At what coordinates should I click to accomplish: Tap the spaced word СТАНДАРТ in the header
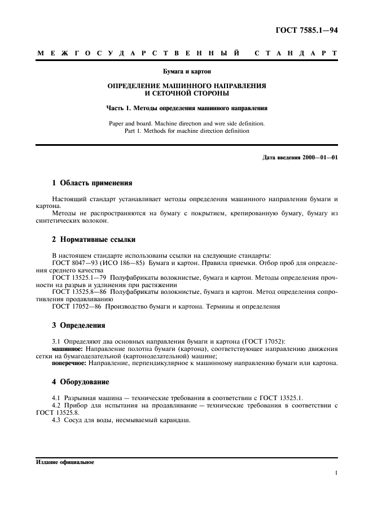click(x=296, y=53)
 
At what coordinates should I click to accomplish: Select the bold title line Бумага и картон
click(x=187, y=72)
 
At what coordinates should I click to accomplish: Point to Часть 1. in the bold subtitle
click(x=119, y=107)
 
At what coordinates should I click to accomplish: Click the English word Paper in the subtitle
click(x=117, y=123)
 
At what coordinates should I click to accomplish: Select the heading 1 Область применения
click(x=92, y=183)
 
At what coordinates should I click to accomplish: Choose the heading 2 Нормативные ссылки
click(x=94, y=240)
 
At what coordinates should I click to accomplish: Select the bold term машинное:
click(x=66, y=349)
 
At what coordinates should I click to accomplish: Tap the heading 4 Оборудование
click(x=82, y=382)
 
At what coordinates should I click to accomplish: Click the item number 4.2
click(x=57, y=406)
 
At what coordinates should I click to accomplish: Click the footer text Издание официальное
click(x=65, y=462)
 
